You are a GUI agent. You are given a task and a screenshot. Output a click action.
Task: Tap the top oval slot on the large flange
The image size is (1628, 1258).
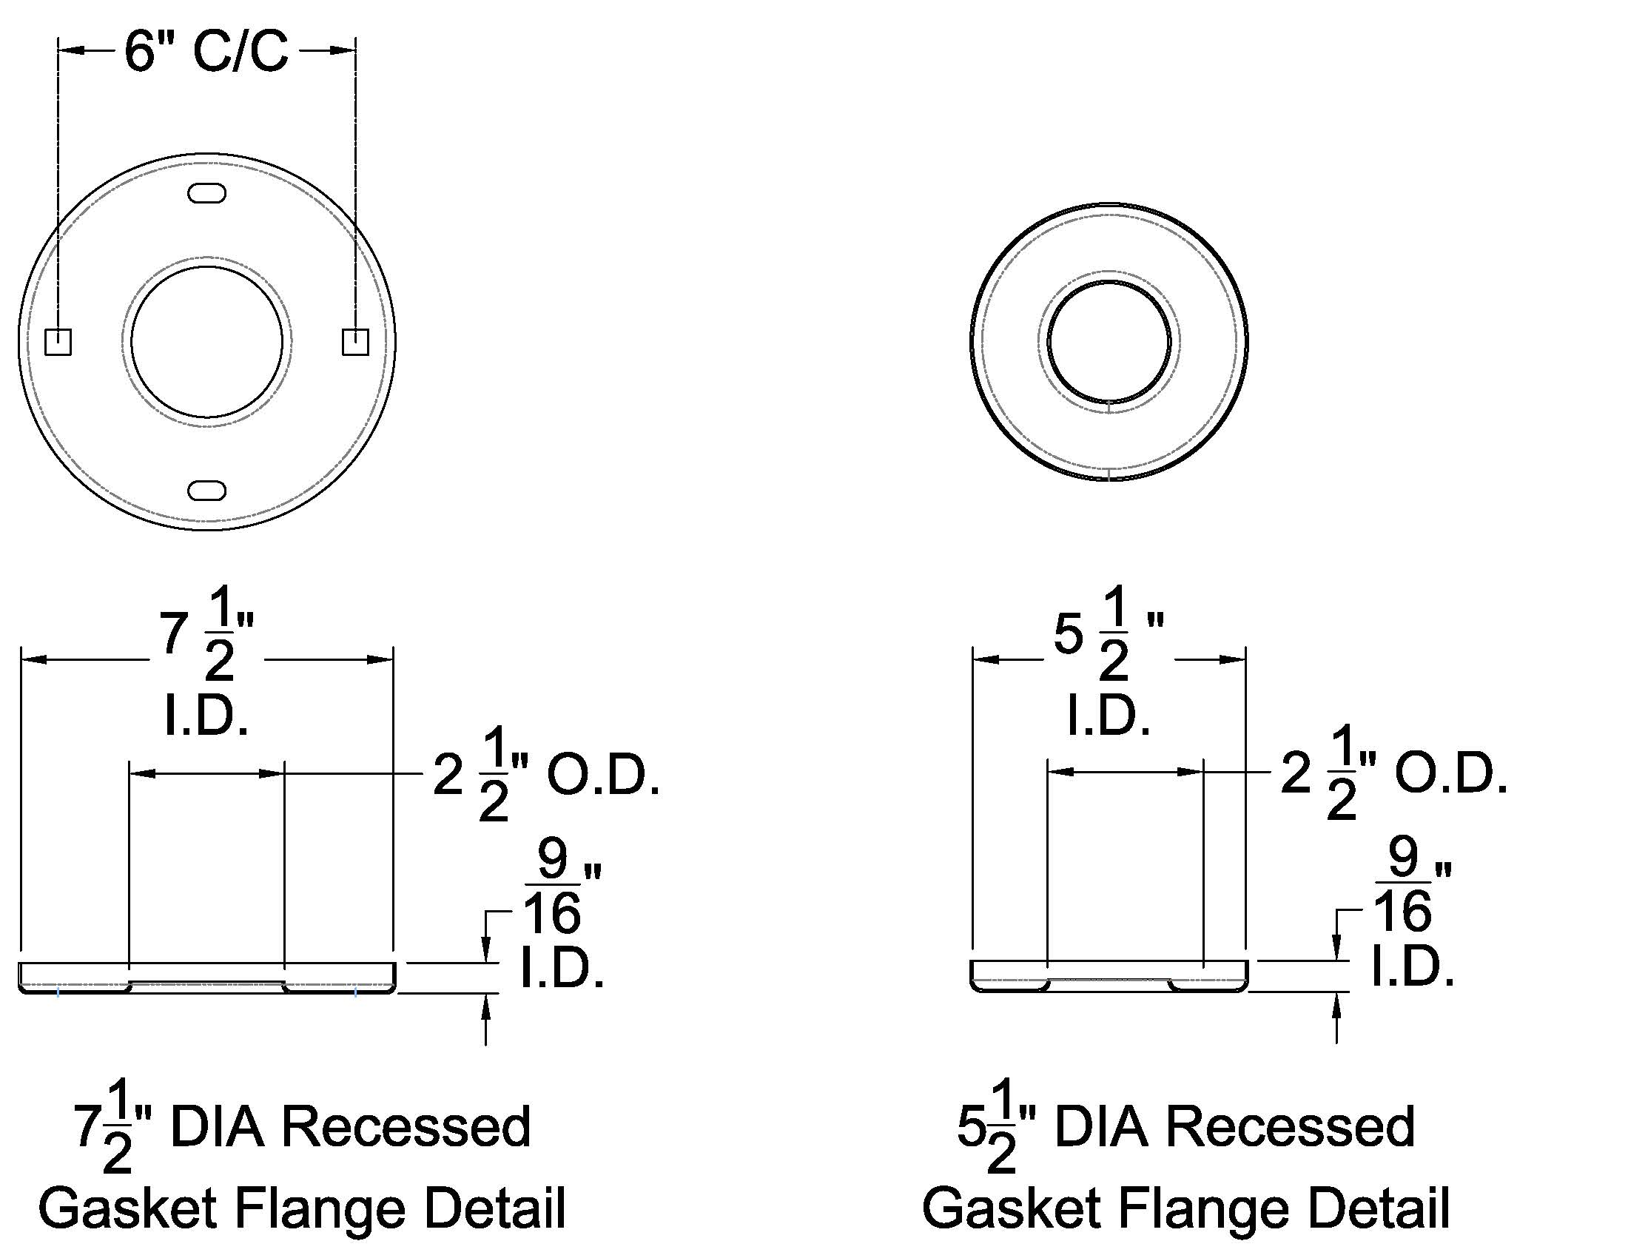pos(207,193)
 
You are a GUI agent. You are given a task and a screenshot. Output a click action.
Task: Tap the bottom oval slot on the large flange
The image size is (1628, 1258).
pos(207,491)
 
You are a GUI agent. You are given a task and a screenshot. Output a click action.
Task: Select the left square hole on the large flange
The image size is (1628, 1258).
pos(58,341)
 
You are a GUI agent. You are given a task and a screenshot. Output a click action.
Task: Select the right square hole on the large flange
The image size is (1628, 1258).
pos(355,341)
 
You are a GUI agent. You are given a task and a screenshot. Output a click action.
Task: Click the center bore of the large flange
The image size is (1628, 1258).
pos(207,341)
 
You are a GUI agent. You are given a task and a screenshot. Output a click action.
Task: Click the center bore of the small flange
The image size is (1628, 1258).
pos(1109,341)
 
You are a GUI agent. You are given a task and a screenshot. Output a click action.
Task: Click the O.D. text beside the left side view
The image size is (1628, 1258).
pos(604,776)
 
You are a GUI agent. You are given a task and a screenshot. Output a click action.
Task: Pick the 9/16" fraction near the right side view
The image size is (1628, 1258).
pos(1404,886)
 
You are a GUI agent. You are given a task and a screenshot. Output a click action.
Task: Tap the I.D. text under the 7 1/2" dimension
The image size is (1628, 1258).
pos(206,717)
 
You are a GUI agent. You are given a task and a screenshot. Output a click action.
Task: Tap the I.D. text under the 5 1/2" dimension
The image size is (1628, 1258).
pos(1109,717)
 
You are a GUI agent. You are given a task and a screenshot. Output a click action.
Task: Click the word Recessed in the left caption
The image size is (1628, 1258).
pos(406,1127)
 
